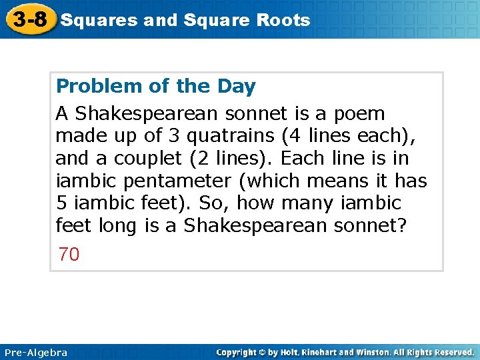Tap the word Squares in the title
point(98,20)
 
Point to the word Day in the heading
point(236,87)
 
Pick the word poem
point(360,114)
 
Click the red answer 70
point(69,254)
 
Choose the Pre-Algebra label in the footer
point(36,352)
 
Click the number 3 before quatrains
point(173,137)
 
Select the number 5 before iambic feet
point(61,203)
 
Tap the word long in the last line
point(117,226)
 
